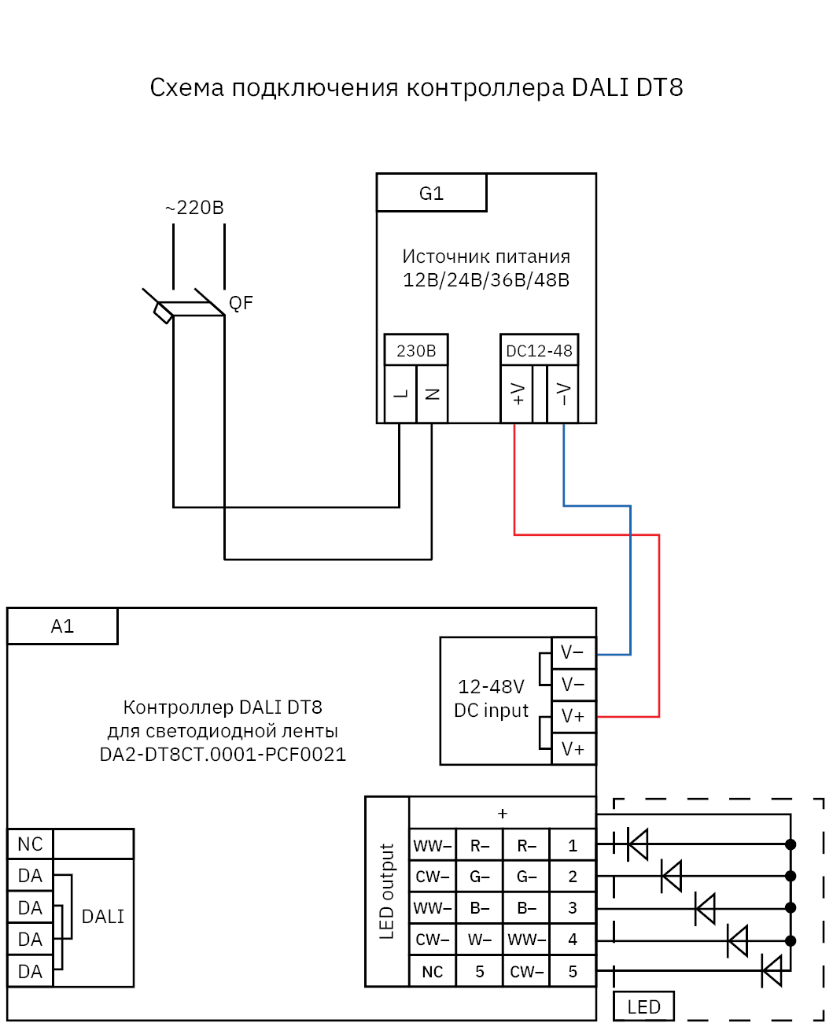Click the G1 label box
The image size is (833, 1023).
[x=431, y=193]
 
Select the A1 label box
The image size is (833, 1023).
[x=62, y=626]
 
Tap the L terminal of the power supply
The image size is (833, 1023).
[x=400, y=393]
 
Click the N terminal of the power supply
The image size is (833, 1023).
[x=432, y=393]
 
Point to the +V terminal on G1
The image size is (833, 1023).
[x=517, y=393]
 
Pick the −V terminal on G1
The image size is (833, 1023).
[x=563, y=393]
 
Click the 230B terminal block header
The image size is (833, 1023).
[x=416, y=350]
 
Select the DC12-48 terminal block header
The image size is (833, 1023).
[x=540, y=350]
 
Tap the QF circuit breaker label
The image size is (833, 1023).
[x=241, y=303]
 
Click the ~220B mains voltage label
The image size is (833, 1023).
[x=194, y=208]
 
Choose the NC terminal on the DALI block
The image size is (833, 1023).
[x=30, y=844]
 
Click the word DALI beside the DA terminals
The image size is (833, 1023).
[x=103, y=917]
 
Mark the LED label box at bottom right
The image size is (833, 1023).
[x=643, y=1006]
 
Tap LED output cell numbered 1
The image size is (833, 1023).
[x=573, y=845]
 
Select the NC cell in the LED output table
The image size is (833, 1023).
[x=433, y=972]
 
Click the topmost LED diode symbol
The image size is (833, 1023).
[x=637, y=844]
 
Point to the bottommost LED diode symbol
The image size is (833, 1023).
[x=772, y=970]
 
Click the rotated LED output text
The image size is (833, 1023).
[x=387, y=892]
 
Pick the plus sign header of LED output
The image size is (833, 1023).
[x=503, y=813]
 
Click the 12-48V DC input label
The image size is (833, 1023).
[x=492, y=699]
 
